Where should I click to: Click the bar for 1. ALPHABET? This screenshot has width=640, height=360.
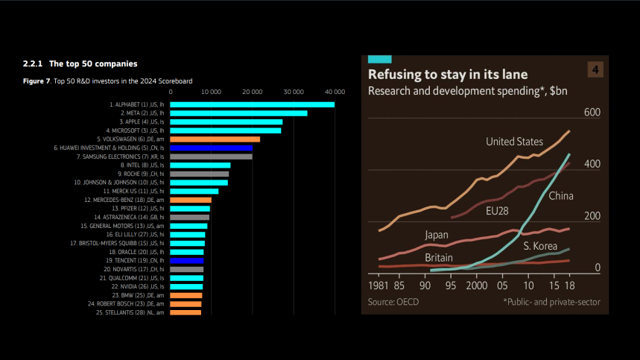pyautogui.click(x=253, y=104)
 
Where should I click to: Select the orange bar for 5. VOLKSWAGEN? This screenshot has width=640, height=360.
pyautogui.click(x=215, y=139)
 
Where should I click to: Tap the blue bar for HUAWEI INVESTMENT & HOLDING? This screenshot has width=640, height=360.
pyautogui.click(x=212, y=148)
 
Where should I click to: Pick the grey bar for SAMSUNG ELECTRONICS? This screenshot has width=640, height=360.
pyautogui.click(x=212, y=157)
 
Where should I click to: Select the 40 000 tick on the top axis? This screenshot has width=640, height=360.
pyautogui.click(x=335, y=91)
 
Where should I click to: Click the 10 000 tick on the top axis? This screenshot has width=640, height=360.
pyautogui.click(x=212, y=91)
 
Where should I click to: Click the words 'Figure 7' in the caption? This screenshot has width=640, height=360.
pyautogui.click(x=36, y=80)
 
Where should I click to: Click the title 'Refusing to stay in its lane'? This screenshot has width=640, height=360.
pyautogui.click(x=448, y=75)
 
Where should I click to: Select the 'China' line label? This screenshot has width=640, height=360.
pyautogui.click(x=561, y=196)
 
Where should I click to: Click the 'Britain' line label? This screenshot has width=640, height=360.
pyautogui.click(x=440, y=258)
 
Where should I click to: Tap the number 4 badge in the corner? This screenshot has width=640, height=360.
pyautogui.click(x=595, y=70)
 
